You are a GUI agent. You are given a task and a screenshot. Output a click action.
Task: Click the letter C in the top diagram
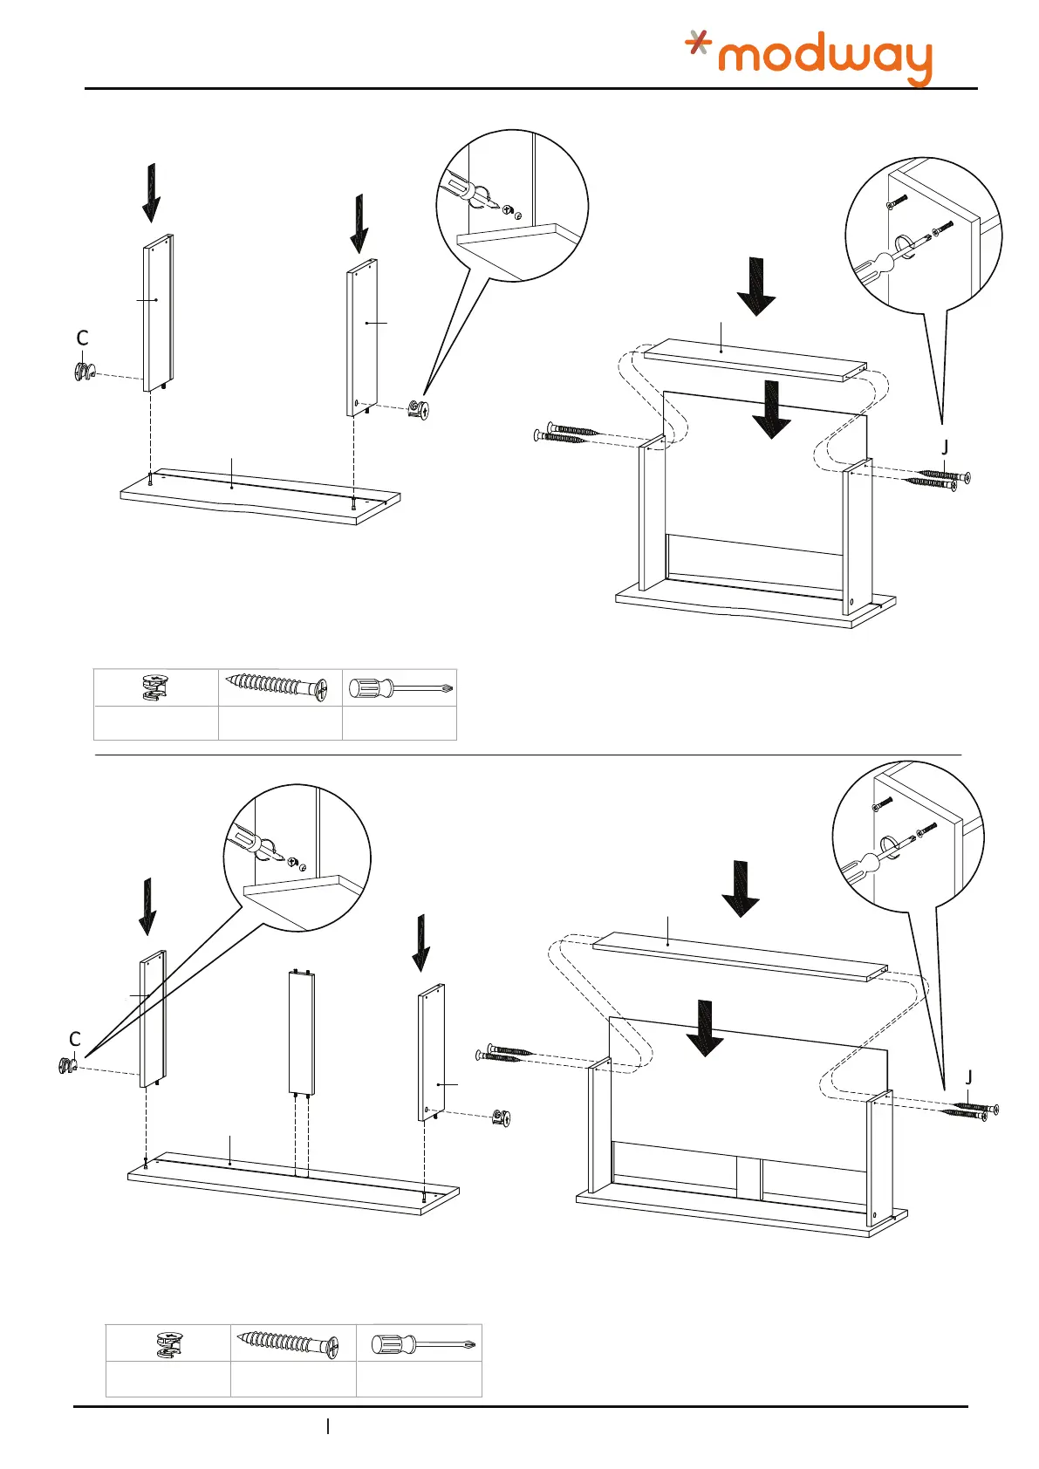coord(83,338)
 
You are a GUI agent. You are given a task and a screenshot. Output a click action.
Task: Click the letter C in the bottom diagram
coord(75,1039)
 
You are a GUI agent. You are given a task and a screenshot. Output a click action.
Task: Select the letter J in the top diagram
coord(945,448)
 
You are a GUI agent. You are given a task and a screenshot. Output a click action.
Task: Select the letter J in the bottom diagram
coord(969,1078)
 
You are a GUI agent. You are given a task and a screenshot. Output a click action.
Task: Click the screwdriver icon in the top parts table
coord(400,688)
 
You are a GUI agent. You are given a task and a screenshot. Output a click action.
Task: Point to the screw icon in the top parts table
coord(277,687)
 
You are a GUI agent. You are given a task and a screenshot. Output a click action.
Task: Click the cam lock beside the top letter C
coord(83,372)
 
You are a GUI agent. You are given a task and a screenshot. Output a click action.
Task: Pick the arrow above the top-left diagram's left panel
coord(152,192)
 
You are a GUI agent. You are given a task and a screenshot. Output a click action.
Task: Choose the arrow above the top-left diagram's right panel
coord(359,223)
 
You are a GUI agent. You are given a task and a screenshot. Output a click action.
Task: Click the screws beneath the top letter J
coord(939,479)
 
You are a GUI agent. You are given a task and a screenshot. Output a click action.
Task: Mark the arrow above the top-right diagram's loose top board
coord(755,286)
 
